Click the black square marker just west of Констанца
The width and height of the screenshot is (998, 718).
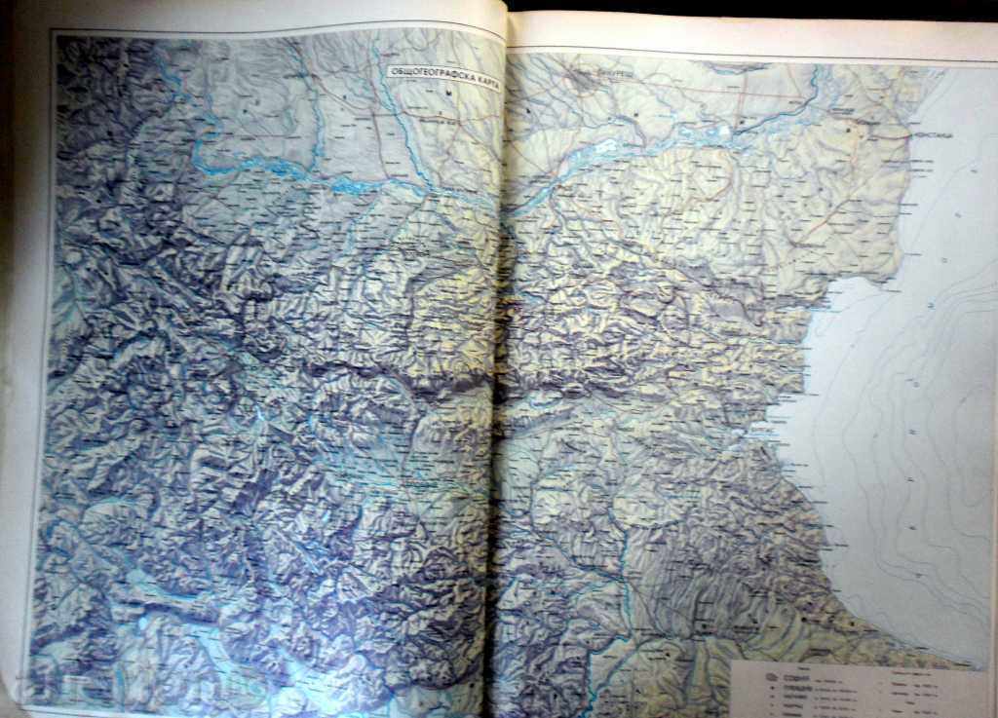(x=849, y=128)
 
